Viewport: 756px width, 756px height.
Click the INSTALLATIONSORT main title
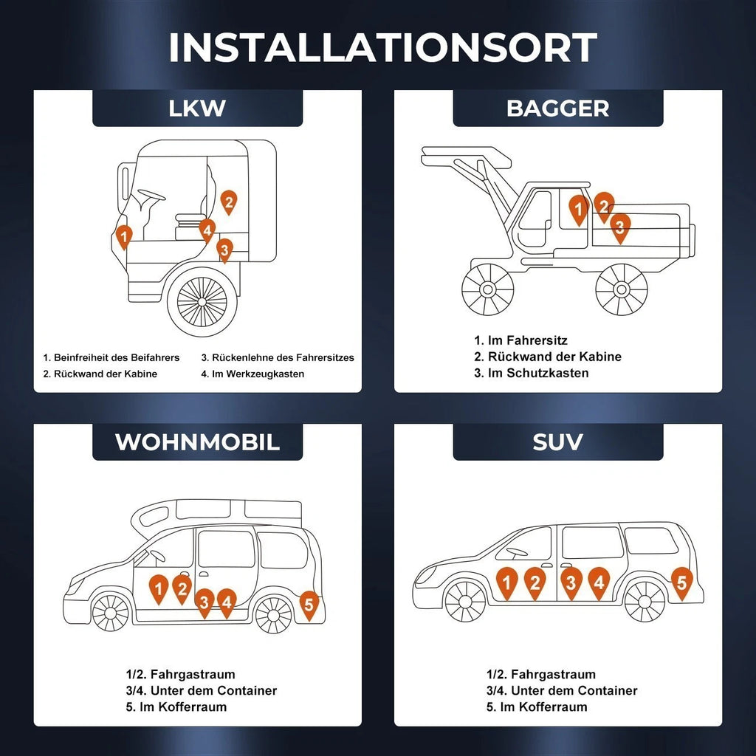click(x=382, y=47)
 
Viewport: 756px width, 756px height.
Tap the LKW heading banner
click(x=197, y=109)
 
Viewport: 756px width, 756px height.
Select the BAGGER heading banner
click(x=557, y=109)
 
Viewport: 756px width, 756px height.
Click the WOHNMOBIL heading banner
click(x=197, y=442)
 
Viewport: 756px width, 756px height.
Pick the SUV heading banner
click(x=557, y=442)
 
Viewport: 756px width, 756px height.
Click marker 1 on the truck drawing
click(x=124, y=236)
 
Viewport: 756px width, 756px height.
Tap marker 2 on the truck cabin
click(x=229, y=201)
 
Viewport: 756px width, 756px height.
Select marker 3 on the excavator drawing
click(x=620, y=227)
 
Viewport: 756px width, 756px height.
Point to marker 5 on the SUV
click(x=681, y=581)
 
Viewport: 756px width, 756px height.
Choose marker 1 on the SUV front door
click(x=506, y=582)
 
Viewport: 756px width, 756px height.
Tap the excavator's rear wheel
click(x=622, y=289)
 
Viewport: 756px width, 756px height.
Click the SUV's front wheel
click(x=466, y=600)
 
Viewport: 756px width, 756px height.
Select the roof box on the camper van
click(x=217, y=512)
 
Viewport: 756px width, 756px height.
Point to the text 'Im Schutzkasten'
click(x=538, y=373)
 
